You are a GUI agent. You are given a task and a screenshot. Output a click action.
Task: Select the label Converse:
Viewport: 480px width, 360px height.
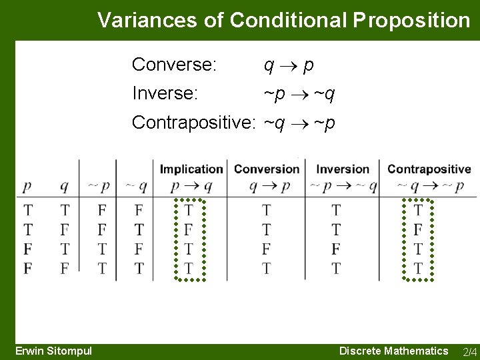[x=174, y=65]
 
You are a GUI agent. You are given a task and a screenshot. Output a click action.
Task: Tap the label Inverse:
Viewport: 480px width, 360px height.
[x=165, y=93]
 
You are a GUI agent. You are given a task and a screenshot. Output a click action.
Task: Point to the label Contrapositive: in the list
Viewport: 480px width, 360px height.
[x=194, y=123]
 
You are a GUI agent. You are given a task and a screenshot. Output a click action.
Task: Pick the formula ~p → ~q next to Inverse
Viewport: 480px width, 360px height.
[x=299, y=94]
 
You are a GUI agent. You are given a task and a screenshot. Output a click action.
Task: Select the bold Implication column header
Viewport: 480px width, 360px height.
[x=191, y=169]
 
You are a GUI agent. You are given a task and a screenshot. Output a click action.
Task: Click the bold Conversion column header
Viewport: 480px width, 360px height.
[x=267, y=169]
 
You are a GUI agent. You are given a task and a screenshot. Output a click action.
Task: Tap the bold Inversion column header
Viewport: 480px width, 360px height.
[x=342, y=169]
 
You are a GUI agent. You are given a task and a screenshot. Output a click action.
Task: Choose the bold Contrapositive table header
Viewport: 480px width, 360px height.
[x=429, y=169]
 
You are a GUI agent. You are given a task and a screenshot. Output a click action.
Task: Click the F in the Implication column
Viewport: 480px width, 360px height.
[x=189, y=230]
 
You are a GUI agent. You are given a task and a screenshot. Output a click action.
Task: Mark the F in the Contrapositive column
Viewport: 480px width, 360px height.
[x=418, y=230]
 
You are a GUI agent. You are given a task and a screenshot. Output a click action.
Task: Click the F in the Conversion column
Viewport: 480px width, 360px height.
[x=267, y=249]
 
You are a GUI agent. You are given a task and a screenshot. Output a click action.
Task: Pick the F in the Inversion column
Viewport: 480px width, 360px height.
[x=336, y=249]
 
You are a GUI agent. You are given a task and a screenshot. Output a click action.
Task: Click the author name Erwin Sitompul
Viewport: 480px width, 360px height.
[x=54, y=351]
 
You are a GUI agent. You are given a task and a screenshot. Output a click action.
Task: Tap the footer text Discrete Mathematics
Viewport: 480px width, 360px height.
[x=393, y=351]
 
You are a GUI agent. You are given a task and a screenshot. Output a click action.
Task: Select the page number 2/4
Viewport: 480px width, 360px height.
[x=469, y=351]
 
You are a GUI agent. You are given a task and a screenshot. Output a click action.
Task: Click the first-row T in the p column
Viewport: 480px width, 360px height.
[x=28, y=211]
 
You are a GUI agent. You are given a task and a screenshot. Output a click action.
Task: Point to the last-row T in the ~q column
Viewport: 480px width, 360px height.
[x=139, y=268]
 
